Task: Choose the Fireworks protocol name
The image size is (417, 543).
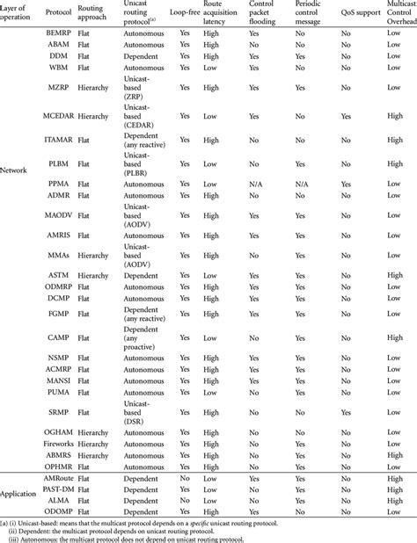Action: click(62, 446)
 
